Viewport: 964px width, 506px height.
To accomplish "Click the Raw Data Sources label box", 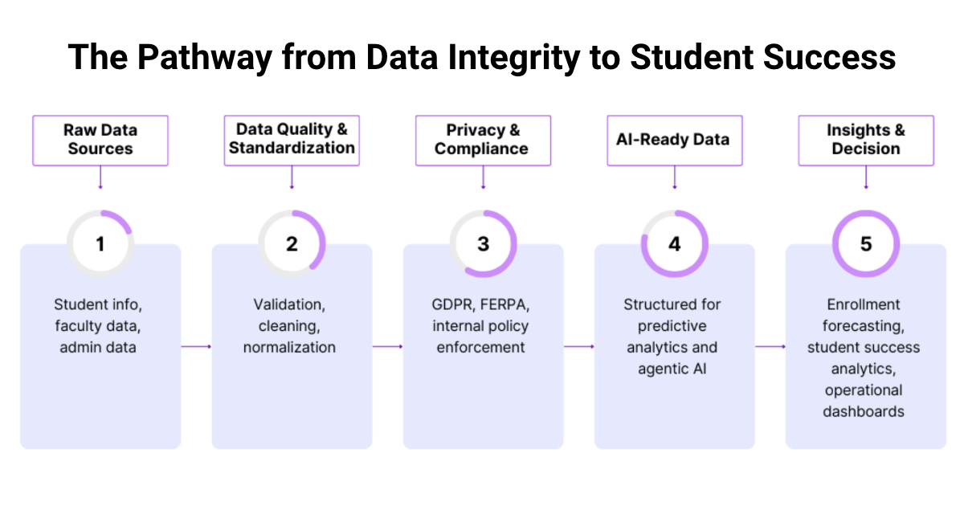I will click(x=100, y=140).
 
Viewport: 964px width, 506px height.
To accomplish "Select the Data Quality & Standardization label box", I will click(x=292, y=140).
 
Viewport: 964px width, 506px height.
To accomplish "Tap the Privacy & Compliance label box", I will click(x=483, y=140).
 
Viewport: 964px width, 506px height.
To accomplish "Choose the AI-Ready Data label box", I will click(x=674, y=140).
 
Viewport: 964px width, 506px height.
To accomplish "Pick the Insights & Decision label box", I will click(x=866, y=140).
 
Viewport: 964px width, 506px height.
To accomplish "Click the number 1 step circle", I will click(x=100, y=244).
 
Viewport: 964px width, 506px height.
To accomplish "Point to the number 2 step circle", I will click(x=292, y=244).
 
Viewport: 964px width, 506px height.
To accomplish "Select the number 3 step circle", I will click(x=483, y=244).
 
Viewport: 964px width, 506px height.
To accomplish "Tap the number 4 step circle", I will click(x=674, y=244).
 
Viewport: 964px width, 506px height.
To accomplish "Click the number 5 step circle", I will click(x=866, y=244).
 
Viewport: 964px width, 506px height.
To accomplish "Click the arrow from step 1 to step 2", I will click(x=196, y=347).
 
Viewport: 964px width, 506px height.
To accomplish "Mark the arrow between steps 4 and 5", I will click(x=770, y=347).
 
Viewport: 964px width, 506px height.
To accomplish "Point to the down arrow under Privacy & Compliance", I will click(x=483, y=178).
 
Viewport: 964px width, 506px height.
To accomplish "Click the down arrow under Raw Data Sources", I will click(x=100, y=178).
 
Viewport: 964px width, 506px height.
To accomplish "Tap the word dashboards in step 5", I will click(x=866, y=411).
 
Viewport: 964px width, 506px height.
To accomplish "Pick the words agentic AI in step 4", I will click(x=674, y=369).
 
